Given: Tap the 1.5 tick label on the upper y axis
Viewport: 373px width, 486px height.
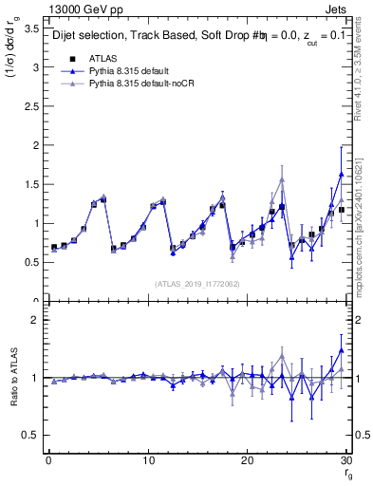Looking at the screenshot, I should pos(32,184).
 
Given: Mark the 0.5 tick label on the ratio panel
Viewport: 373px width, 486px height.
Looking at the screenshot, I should pos(32,435).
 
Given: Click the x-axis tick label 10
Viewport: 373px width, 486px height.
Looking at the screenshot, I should pos(148,460).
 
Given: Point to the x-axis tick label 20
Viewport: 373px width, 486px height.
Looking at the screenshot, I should pos(248,460).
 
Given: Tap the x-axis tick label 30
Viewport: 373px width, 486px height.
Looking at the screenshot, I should pos(346,460).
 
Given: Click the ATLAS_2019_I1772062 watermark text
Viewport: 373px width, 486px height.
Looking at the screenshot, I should pos(196,283).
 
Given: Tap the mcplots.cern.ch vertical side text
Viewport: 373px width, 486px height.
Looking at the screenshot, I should pos(364,228).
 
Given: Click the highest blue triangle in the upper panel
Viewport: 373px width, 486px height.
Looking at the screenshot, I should pos(341,175).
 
